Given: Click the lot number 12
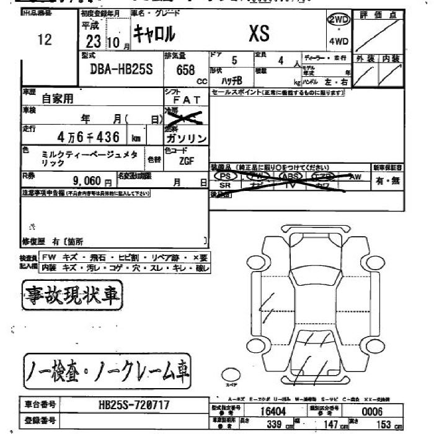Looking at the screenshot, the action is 44,40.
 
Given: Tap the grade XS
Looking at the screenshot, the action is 259,34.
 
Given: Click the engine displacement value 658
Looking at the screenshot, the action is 185,69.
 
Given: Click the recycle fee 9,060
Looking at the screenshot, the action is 91,182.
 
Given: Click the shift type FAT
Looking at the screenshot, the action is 185,99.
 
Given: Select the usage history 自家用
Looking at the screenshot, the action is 58,97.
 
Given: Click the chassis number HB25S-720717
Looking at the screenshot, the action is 133,405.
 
